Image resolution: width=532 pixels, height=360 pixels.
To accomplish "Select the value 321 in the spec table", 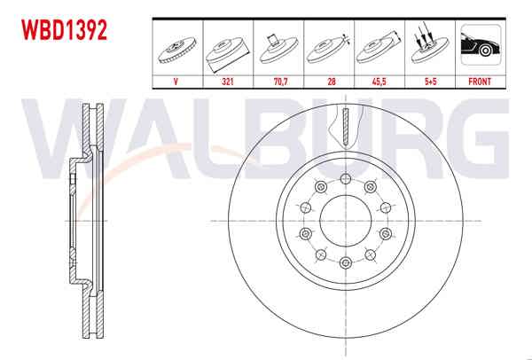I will click(229, 81).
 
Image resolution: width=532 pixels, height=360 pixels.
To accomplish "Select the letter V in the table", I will click(178, 81).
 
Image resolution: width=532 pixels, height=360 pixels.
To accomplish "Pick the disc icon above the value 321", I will click(228, 49).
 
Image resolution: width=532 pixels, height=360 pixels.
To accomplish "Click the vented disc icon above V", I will click(178, 49).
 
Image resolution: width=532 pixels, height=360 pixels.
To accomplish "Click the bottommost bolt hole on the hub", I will click(344, 263).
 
